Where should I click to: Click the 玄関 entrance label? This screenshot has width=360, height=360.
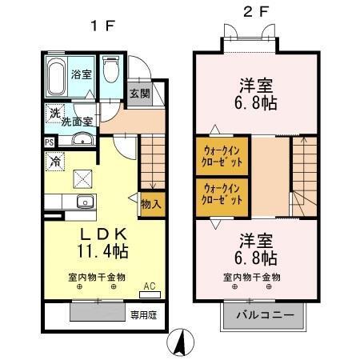139,94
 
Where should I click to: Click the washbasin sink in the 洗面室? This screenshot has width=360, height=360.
81,141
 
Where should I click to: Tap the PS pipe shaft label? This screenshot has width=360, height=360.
49,142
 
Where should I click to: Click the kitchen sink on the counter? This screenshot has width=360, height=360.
84,201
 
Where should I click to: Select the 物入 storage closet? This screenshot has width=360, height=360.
150,203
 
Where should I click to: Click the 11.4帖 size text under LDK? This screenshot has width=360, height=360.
102,250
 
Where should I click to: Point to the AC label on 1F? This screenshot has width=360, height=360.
150,286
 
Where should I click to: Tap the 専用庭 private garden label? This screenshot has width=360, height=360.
145,314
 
